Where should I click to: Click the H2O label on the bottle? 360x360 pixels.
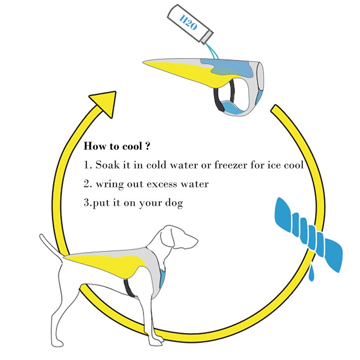click(x=188, y=22)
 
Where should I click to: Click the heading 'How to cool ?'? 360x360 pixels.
click(x=117, y=146)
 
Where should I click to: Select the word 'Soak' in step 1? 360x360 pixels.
click(x=108, y=165)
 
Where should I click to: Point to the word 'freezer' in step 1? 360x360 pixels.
click(x=230, y=165)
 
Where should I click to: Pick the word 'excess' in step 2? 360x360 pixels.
click(x=162, y=184)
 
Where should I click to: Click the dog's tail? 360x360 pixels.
click(x=51, y=246)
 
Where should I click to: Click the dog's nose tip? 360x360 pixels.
click(x=197, y=241)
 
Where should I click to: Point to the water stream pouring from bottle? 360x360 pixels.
click(x=213, y=52)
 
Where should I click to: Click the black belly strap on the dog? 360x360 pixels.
click(x=129, y=288)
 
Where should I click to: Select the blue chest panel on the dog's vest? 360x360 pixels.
click(x=162, y=279)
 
